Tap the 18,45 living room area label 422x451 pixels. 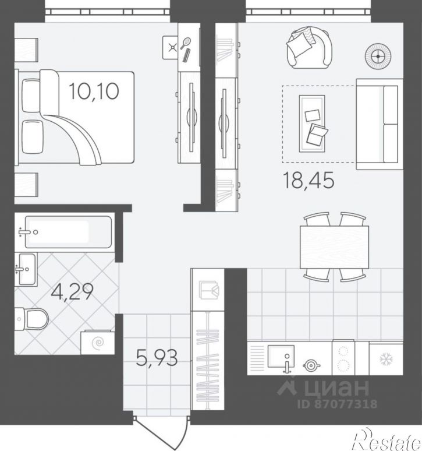[x=308, y=180]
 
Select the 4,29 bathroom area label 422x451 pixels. [x=72, y=291]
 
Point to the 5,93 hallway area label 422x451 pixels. [x=157, y=358]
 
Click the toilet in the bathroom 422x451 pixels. [x=31, y=319]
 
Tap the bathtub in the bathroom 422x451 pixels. [x=68, y=232]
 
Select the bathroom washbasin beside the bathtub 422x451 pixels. [x=26, y=270]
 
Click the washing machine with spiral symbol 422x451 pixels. [x=98, y=343]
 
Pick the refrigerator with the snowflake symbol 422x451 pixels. [x=386, y=358]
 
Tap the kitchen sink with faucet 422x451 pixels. [x=281, y=357]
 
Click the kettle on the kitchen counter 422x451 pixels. [x=311, y=365]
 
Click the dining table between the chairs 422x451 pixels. [x=334, y=247]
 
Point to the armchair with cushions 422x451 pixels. [x=310, y=48]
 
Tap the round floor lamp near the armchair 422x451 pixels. [x=378, y=57]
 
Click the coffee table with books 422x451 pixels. [x=312, y=124]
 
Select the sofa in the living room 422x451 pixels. [x=379, y=124]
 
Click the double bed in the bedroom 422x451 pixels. [x=76, y=118]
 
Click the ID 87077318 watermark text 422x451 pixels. [x=337, y=404]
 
